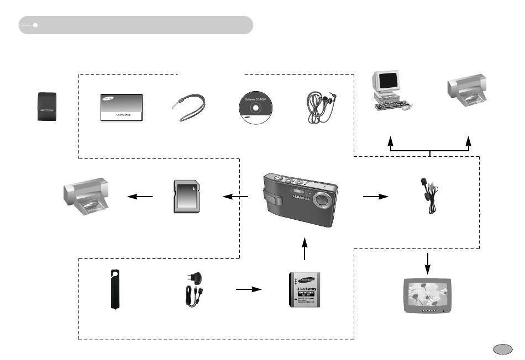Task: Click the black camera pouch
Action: (x=46, y=108)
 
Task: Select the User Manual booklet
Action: (x=122, y=108)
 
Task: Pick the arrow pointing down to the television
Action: (x=427, y=263)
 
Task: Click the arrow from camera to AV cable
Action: (x=376, y=195)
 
